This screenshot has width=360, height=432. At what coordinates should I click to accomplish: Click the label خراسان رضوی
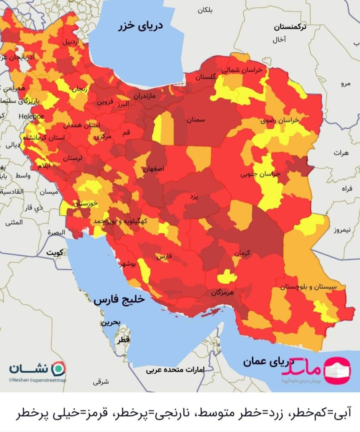[280, 120]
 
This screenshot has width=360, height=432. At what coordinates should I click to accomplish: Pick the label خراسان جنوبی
[260, 174]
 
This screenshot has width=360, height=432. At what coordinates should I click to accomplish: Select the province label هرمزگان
[223, 292]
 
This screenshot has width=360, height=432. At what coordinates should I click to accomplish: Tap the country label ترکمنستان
[290, 27]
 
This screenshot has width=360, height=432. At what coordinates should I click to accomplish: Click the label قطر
[124, 341]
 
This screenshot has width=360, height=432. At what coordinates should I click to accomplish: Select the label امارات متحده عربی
[175, 370]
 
